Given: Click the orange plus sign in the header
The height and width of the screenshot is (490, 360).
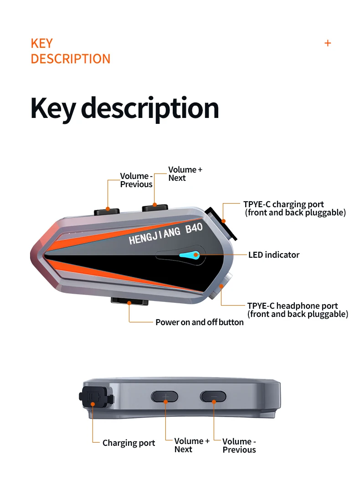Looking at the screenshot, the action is [328, 43].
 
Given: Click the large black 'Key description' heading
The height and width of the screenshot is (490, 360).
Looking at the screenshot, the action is [124, 108].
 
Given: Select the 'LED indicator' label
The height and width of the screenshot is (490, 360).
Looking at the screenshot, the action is [273, 255].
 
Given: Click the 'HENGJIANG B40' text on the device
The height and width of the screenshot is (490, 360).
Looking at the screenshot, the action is [165, 234].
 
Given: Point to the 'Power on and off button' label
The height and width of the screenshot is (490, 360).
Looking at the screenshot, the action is [199, 322].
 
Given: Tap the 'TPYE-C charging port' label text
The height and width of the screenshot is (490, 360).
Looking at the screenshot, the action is [283, 204].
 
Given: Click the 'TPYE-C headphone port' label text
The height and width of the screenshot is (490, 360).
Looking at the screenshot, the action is [293, 306].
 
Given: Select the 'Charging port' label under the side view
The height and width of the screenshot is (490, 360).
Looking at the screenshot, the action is [129, 443].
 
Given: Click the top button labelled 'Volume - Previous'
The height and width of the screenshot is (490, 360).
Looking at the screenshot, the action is [107, 211].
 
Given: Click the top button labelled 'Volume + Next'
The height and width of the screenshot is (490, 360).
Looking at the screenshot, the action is [155, 208].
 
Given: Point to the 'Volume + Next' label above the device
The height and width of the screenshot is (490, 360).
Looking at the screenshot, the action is [185, 174].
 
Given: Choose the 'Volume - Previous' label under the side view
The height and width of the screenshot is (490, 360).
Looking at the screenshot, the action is [239, 445].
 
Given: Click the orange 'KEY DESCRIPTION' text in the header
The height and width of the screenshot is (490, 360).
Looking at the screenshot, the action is [70, 51].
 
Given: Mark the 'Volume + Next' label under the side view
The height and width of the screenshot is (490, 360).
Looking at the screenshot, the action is [191, 445].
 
